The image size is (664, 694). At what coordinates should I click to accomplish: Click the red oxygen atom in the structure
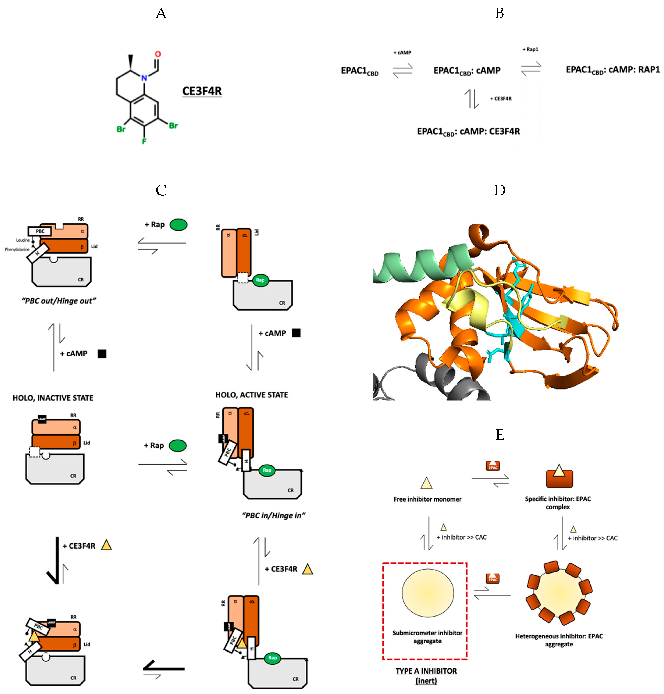tap(158, 54)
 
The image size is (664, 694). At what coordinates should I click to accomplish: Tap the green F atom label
tap(144, 141)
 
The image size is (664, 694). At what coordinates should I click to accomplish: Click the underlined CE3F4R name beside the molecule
tap(202, 91)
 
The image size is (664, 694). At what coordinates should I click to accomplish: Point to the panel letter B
tap(499, 13)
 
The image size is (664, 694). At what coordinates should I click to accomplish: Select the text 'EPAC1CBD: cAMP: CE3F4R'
tap(468, 132)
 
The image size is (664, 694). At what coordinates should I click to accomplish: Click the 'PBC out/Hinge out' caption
tap(59, 301)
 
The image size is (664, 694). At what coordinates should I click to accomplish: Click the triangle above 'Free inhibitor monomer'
tap(426, 483)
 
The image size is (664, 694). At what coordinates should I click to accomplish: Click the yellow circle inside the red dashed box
tap(428, 593)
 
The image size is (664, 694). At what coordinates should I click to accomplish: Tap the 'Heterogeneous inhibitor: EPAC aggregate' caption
tap(559, 640)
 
